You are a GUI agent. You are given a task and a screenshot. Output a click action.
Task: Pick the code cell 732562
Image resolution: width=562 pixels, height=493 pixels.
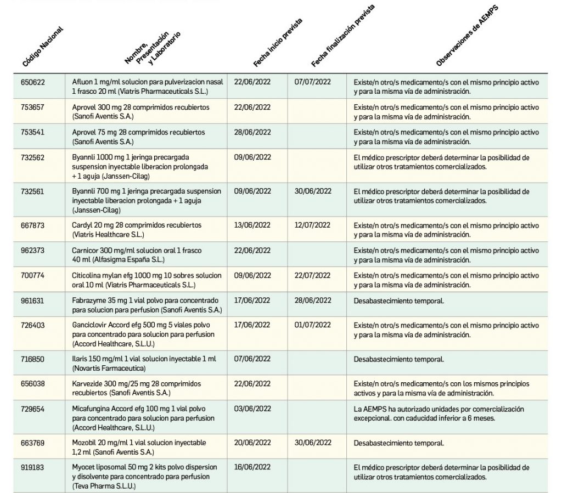[x=32, y=158]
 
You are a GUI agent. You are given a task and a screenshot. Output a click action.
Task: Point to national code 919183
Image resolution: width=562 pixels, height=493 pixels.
[x=32, y=468]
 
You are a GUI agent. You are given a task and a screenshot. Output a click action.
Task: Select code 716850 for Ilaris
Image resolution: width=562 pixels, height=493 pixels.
[x=32, y=360]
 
